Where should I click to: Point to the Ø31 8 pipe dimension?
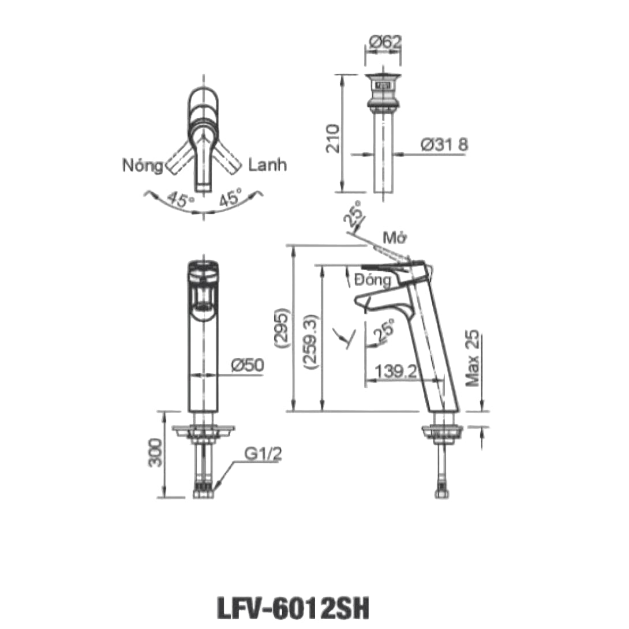(445, 145)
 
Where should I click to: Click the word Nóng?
(143, 166)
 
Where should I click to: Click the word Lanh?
(267, 166)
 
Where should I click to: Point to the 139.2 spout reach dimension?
(396, 371)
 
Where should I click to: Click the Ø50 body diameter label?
(246, 365)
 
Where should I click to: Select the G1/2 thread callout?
(262, 455)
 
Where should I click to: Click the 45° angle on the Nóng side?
(181, 200)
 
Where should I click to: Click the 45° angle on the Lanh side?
(230, 200)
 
